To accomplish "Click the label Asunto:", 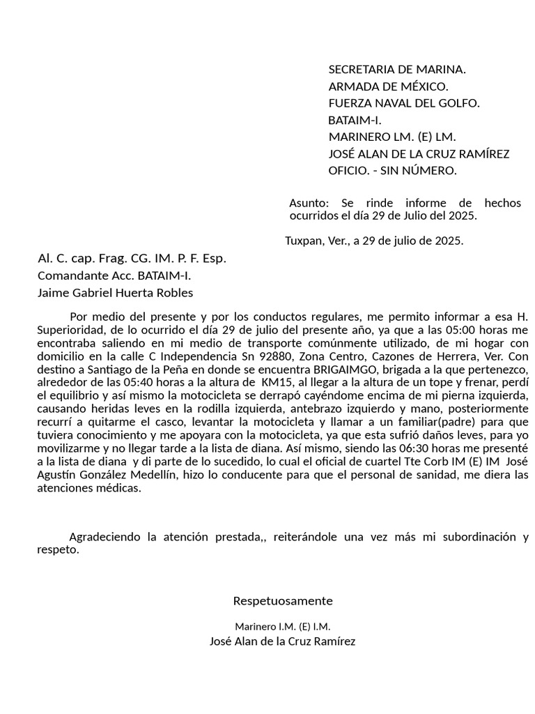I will pos(309,203).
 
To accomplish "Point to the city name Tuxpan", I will pos(304,241).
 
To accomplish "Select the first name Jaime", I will pos(54,293).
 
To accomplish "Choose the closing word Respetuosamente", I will pos(283,601).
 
